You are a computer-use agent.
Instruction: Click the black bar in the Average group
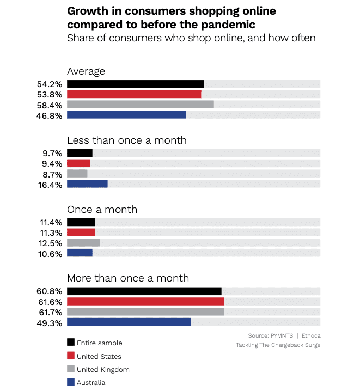click(x=135, y=84)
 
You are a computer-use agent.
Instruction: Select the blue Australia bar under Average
click(x=126, y=114)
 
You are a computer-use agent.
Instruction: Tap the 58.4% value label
click(x=50, y=105)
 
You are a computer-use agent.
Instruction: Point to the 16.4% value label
click(x=50, y=184)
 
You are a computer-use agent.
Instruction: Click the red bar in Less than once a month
click(x=78, y=163)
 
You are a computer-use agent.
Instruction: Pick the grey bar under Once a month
click(x=83, y=242)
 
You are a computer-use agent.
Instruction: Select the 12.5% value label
click(x=50, y=242)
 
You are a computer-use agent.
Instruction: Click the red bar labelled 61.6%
click(x=145, y=301)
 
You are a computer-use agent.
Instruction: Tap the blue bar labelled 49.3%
click(x=129, y=322)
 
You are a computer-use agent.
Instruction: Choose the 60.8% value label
click(x=50, y=291)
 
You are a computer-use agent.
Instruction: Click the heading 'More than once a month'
click(x=128, y=278)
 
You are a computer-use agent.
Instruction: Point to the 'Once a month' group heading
click(x=102, y=210)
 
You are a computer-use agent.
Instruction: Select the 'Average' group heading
click(x=86, y=71)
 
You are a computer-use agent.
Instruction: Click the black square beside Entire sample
click(x=71, y=343)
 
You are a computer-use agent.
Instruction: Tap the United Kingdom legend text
click(x=103, y=369)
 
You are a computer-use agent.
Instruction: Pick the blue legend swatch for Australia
click(x=71, y=382)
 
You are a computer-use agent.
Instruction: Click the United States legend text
click(x=99, y=356)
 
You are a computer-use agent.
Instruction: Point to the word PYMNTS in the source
click(x=282, y=335)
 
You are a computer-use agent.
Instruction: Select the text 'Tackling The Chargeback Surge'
click(x=278, y=345)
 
